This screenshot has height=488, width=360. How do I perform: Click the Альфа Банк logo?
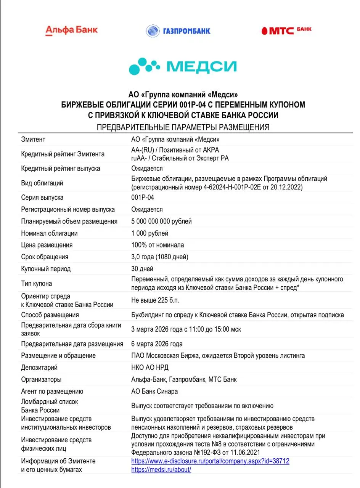tap(71, 30)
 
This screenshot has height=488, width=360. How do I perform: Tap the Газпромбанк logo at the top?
tap(178, 31)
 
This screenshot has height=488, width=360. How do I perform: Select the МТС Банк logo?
tap(286, 30)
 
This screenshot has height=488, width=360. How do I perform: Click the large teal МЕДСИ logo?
tap(183, 66)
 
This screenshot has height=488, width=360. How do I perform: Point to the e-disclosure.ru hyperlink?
tap(210, 461)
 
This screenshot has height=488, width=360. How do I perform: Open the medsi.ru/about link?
tap(161, 470)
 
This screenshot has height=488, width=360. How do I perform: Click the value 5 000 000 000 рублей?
tap(161, 221)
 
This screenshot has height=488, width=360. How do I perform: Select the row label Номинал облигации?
tap(49, 233)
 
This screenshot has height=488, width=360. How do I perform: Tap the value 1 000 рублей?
tap(149, 233)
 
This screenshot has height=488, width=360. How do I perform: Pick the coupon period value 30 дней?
tap(142, 269)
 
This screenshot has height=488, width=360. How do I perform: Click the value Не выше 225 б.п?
tap(155, 300)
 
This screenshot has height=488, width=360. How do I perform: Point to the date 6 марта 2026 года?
tap(157, 344)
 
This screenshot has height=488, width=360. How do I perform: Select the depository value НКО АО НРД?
tap(149, 368)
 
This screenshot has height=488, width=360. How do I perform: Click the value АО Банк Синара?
tap(154, 391)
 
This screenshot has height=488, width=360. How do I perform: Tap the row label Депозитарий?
tap(39, 368)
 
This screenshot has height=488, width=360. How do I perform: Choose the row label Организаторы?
tap(41, 379)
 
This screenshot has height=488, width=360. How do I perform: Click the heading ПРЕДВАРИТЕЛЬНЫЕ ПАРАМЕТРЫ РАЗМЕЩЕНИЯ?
tap(183, 127)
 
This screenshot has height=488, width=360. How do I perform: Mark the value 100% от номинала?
tap(157, 245)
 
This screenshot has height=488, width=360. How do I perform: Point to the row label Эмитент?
tap(33, 140)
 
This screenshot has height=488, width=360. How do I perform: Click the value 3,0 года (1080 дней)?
tap(159, 257)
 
